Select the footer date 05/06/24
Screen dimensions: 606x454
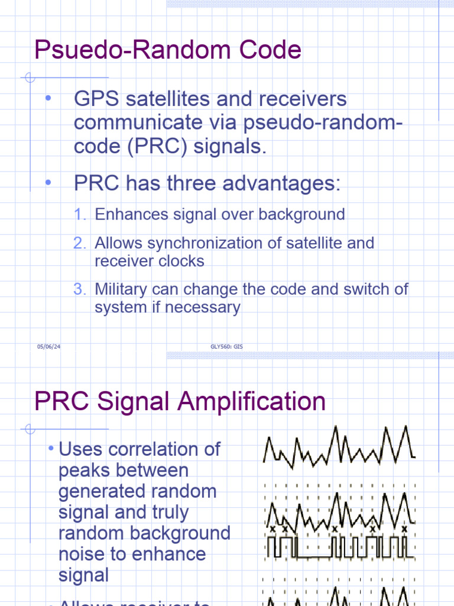(x=49, y=347)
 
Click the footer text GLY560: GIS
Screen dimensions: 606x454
(x=226, y=347)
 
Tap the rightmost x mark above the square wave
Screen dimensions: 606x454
(x=404, y=528)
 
